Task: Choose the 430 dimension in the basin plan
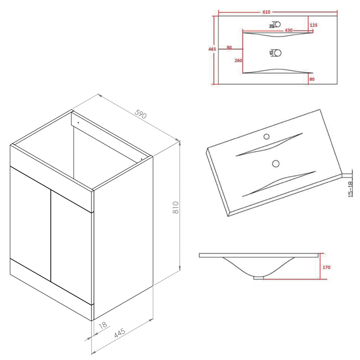pyautogui.click(x=288, y=30)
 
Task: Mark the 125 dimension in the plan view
pyautogui.click(x=313, y=25)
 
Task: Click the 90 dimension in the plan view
pyautogui.click(x=229, y=48)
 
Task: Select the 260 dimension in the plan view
pyautogui.click(x=238, y=60)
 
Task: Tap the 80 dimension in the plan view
pyautogui.click(x=312, y=79)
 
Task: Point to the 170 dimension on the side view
pyautogui.click(x=327, y=267)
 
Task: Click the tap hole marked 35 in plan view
pyautogui.click(x=277, y=24)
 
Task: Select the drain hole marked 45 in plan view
pyautogui.click(x=277, y=53)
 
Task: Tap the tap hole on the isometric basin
pyautogui.click(x=267, y=136)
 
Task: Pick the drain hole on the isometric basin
pyautogui.click(x=276, y=163)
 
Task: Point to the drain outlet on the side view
pyautogui.click(x=258, y=278)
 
